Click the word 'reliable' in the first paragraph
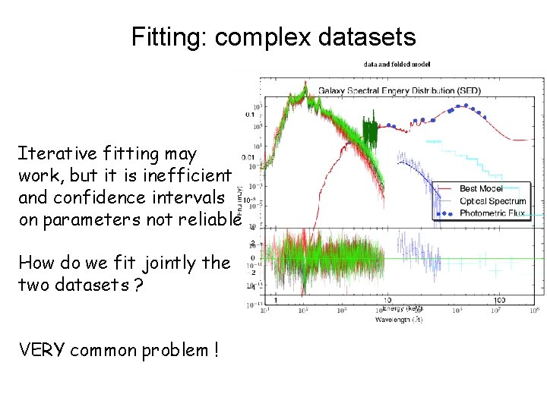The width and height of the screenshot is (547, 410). tap(210, 219)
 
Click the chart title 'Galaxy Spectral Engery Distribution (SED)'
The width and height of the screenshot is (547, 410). tap(399, 90)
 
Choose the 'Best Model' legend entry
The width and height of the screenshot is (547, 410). tap(481, 188)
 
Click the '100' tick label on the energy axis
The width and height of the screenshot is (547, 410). tap(499, 301)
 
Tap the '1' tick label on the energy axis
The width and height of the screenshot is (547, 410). tap(275, 301)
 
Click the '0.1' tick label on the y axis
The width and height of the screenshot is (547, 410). tap(250, 114)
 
